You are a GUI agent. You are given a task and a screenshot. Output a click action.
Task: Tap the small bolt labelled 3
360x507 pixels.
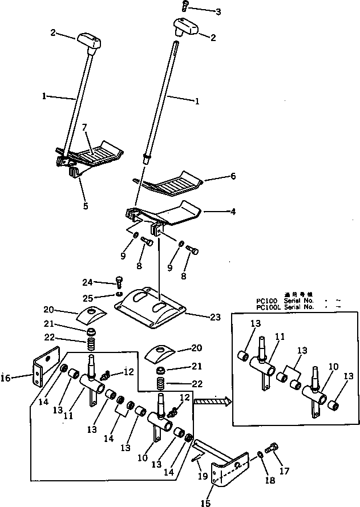[x=185, y=6]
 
